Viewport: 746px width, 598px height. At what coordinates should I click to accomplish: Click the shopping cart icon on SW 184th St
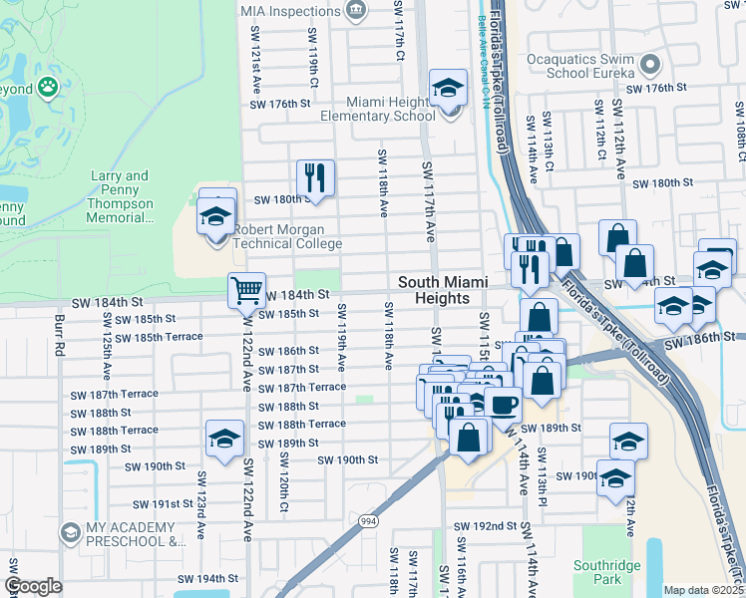246,291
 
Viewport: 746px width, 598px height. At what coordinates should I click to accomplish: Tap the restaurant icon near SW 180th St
315,178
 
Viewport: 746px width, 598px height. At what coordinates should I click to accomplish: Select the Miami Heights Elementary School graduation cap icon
448,88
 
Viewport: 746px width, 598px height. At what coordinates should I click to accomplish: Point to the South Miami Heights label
434,290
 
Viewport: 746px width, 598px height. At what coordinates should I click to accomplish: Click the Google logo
33,585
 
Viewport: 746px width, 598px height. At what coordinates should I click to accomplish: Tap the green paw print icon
47,88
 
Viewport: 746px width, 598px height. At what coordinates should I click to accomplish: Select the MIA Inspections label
289,11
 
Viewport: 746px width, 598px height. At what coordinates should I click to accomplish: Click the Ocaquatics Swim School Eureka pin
651,67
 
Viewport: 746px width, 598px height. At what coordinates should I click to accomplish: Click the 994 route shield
368,520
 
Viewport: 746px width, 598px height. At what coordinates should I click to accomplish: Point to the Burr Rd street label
60,335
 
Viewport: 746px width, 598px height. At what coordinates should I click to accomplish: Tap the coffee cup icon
503,405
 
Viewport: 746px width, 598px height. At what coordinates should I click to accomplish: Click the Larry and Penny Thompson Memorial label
121,195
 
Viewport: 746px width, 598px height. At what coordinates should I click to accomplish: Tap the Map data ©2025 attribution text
704,590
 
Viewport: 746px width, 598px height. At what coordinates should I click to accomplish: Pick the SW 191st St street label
159,504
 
